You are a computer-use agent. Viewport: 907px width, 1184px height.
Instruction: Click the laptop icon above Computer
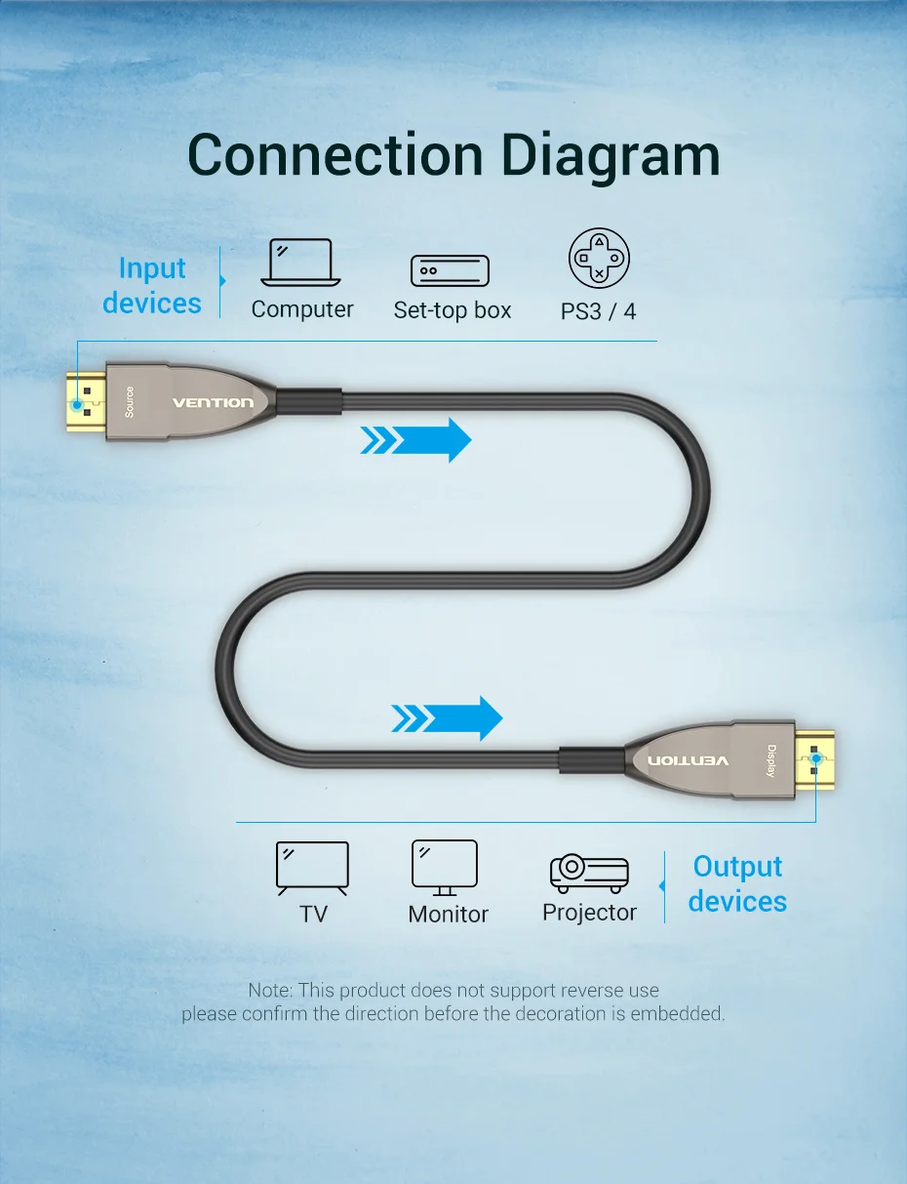[x=300, y=263]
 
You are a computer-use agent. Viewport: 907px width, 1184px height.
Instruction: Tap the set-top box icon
[x=450, y=270]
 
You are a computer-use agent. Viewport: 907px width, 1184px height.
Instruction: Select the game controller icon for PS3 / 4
[x=599, y=258]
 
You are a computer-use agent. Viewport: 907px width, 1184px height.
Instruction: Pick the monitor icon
[x=445, y=868]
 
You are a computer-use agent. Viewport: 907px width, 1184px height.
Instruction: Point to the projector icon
[x=589, y=874]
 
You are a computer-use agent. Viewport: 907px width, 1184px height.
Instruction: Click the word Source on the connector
[x=130, y=402]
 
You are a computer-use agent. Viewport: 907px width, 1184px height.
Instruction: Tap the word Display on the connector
[x=771, y=761]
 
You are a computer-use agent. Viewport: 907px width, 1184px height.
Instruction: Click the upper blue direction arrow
[x=415, y=439]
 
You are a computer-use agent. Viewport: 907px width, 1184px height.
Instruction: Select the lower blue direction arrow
[x=447, y=718]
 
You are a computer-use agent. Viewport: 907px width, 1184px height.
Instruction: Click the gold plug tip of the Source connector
[x=86, y=402]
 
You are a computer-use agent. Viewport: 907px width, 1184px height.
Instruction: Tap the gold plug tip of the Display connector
[x=814, y=760]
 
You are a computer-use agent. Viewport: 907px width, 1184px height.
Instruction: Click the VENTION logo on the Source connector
[x=213, y=403]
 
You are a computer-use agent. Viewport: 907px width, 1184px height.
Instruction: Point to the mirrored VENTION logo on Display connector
[x=689, y=760]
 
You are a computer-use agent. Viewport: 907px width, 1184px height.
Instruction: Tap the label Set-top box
[x=453, y=310]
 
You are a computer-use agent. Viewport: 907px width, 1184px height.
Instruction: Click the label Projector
[x=589, y=913]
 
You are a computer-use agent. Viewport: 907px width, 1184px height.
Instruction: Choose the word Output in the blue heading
[x=737, y=867]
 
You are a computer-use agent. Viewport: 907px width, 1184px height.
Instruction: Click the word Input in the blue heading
[x=152, y=268]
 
